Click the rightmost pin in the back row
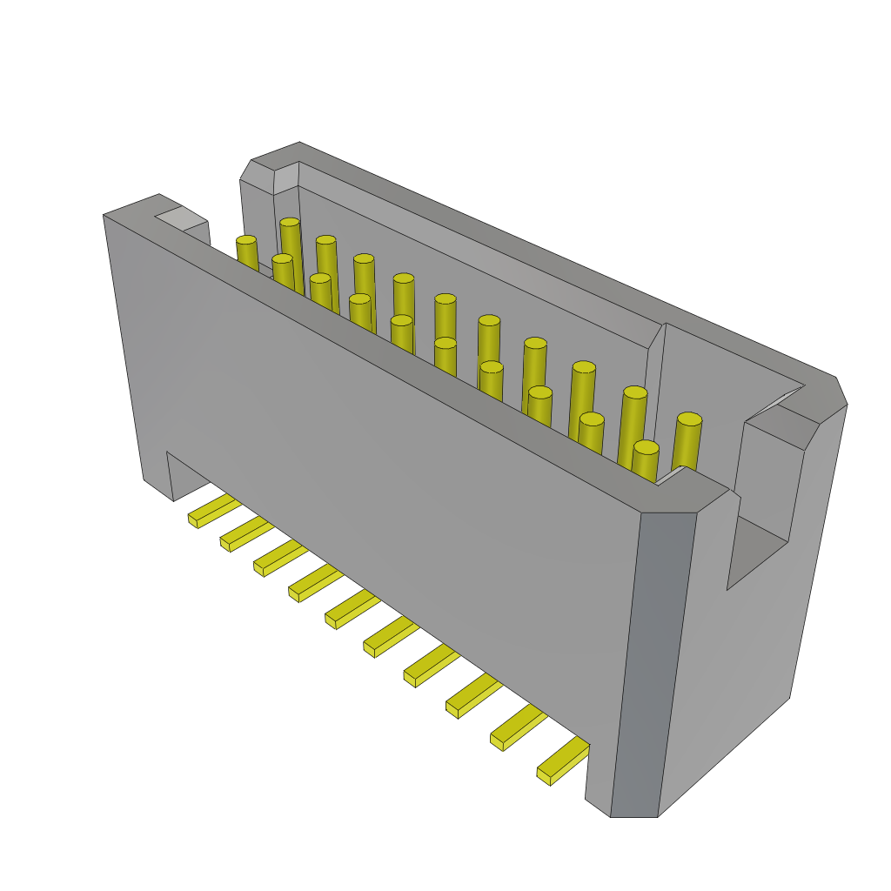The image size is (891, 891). coord(687,442)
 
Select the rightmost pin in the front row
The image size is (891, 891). coord(645,460)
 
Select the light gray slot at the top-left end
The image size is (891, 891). coord(181,218)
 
